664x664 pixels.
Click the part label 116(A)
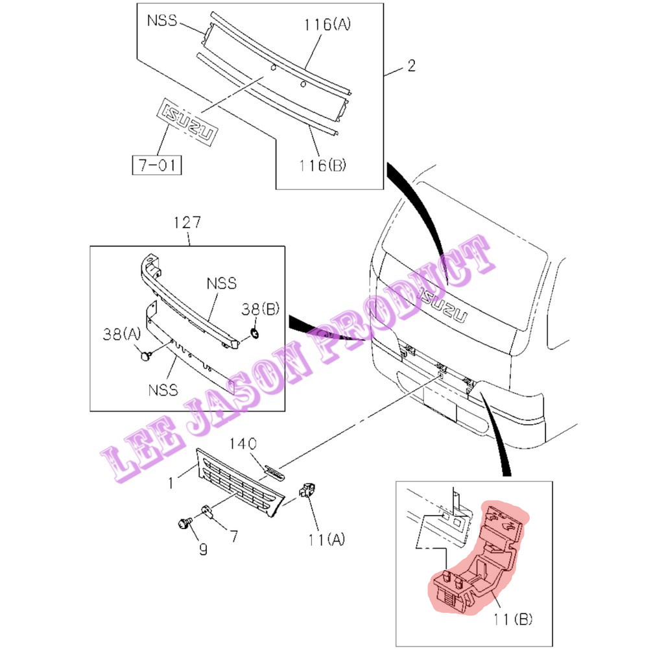click(327, 24)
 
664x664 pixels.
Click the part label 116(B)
click(323, 165)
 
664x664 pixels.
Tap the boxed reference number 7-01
click(157, 165)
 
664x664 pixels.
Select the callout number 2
click(412, 65)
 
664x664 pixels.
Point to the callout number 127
click(187, 222)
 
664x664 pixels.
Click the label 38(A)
click(122, 335)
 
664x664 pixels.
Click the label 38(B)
click(261, 309)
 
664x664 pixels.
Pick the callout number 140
click(243, 444)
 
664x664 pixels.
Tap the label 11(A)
click(327, 539)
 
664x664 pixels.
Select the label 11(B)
click(513, 619)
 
